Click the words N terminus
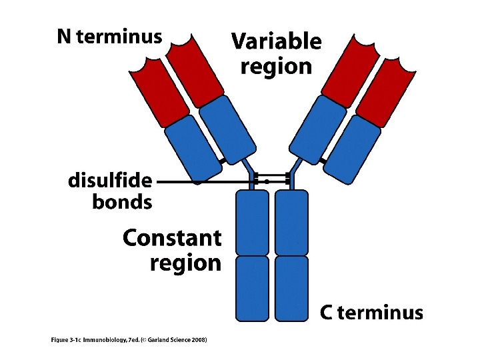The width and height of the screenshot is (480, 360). tap(109, 37)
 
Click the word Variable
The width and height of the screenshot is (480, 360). tap(276, 42)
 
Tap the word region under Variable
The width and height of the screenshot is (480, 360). tap(276, 67)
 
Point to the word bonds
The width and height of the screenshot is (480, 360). tap(122, 202)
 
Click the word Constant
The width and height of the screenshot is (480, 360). tap(172, 237)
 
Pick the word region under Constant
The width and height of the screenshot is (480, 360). tap(185, 263)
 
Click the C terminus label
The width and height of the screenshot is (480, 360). tap(371, 313)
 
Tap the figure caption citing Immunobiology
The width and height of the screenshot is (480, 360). tap(129, 340)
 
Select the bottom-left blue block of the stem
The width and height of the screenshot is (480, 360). tap(253, 288)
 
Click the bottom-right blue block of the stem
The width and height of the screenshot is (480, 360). tap(291, 288)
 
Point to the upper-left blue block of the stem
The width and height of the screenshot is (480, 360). tap(253, 223)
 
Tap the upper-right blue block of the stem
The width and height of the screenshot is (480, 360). tap(291, 223)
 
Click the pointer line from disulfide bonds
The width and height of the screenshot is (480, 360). tap(200, 181)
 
